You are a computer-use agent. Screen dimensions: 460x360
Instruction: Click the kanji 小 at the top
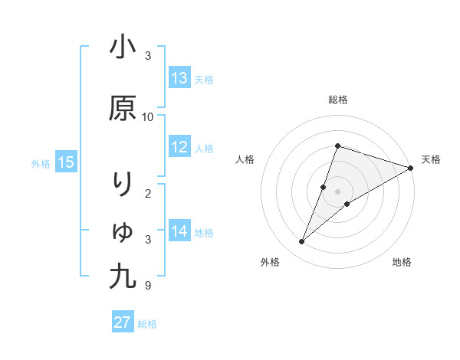(x=123, y=47)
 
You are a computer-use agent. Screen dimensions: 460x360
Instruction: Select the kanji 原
(x=123, y=109)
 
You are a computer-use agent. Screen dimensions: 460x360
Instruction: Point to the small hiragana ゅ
(x=123, y=231)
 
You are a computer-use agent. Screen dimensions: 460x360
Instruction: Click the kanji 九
(x=123, y=276)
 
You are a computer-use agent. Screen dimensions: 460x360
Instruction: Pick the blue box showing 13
(x=179, y=78)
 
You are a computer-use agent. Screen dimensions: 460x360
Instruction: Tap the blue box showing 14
(x=179, y=231)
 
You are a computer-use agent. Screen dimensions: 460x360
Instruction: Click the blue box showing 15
(x=65, y=162)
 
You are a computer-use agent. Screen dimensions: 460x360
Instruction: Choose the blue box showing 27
(x=123, y=322)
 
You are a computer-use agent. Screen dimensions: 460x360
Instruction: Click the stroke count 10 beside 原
(x=148, y=117)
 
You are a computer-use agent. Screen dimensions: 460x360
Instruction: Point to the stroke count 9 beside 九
(x=148, y=286)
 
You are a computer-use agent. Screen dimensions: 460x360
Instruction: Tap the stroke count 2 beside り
(x=148, y=193)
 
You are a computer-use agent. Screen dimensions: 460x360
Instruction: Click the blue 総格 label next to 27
(x=147, y=324)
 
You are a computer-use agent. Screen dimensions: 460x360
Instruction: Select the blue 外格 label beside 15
(x=40, y=163)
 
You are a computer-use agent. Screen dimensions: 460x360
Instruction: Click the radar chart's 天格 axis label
(x=431, y=159)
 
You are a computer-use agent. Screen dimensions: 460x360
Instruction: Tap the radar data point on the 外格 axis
(x=302, y=242)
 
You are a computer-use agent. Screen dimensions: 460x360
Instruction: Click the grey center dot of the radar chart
(x=338, y=191)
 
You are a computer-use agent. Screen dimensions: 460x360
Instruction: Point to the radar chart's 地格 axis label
(x=402, y=262)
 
